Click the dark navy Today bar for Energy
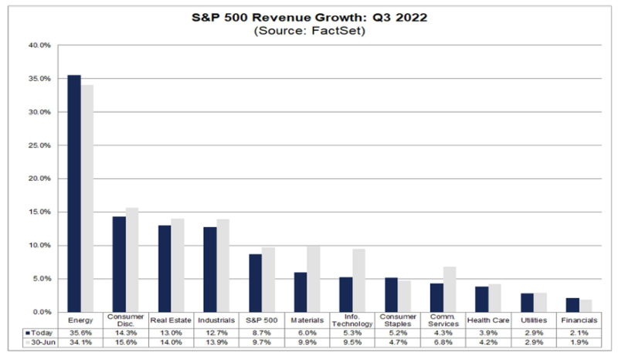click(x=74, y=194)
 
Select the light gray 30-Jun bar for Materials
click(x=314, y=279)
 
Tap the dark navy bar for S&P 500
click(x=255, y=283)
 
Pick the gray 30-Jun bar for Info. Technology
click(x=358, y=280)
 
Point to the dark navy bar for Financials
click(x=572, y=305)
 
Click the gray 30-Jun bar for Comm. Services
click(x=450, y=290)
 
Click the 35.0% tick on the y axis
click(x=39, y=79)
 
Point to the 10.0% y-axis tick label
click(x=39, y=245)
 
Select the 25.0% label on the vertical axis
click(x=39, y=145)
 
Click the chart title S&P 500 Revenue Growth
click(x=310, y=18)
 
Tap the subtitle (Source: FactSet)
click(x=310, y=31)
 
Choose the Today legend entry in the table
click(x=39, y=333)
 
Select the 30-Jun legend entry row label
click(x=40, y=342)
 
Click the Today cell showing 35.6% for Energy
click(x=80, y=333)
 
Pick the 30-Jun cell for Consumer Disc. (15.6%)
click(x=126, y=342)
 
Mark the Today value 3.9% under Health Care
click(x=488, y=333)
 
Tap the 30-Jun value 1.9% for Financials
click(x=579, y=342)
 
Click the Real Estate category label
click(x=171, y=320)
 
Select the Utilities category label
click(x=534, y=320)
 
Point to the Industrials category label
click(x=216, y=320)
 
